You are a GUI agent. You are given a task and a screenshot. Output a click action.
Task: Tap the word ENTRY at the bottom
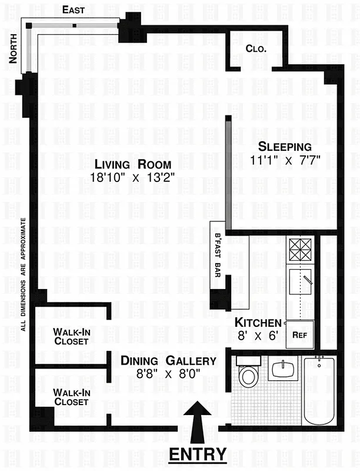[198, 454]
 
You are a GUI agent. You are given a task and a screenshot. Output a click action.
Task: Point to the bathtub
[319, 395]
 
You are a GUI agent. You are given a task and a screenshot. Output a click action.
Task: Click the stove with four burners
[299, 250]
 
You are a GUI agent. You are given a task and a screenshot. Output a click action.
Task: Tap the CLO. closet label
[256, 49]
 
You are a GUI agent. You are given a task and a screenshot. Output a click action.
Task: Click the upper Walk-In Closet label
[71, 336]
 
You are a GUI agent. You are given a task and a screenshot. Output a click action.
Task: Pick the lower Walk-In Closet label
[71, 397]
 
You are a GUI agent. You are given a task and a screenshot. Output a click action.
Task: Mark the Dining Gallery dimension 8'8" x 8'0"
[168, 373]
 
